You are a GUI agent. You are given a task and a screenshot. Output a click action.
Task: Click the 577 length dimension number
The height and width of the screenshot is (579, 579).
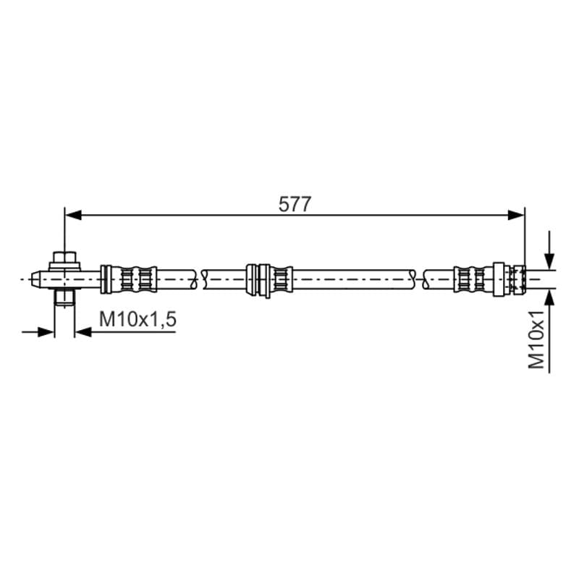pos(295,205)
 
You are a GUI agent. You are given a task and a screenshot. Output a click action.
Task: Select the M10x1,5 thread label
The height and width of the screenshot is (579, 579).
pos(138,319)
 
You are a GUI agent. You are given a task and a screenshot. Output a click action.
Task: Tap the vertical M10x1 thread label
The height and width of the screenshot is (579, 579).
pos(536,339)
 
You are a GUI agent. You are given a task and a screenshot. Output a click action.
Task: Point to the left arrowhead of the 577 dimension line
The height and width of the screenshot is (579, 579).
pos(73,215)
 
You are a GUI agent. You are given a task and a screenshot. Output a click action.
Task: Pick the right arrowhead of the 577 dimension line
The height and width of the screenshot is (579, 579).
pos(516,215)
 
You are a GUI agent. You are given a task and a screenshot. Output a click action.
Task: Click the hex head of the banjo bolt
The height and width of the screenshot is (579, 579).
pos(64,257)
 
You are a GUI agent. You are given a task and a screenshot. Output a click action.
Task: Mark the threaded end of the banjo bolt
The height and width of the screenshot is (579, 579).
pos(64,297)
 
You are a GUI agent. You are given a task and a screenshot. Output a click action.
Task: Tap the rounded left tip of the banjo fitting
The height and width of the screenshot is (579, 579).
pos(36,279)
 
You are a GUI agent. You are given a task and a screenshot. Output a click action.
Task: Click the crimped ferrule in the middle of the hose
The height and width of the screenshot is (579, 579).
pos(281,279)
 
